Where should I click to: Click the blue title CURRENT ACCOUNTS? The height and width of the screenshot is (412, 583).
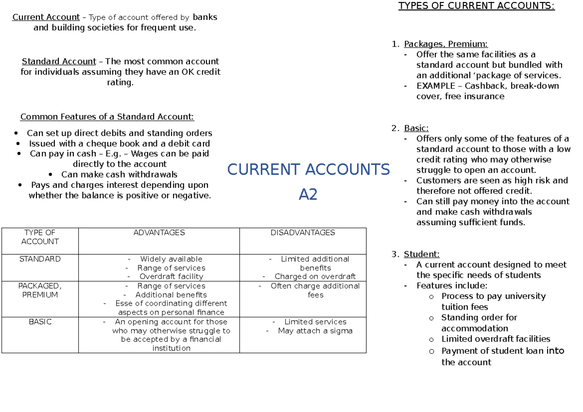click(x=309, y=170)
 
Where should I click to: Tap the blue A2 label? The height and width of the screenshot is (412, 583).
click(x=308, y=195)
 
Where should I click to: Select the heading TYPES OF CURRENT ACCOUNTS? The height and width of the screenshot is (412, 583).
click(x=476, y=6)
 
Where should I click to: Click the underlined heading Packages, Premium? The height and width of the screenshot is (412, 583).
click(x=446, y=44)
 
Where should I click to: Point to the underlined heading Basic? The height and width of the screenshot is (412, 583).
click(x=416, y=128)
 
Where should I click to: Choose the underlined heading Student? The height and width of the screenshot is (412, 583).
click(x=421, y=254)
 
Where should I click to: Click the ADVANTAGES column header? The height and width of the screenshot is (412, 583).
click(x=159, y=233)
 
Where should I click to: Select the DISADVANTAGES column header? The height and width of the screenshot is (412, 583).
click(x=303, y=233)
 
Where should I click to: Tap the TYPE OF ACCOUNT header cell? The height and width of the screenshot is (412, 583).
click(x=40, y=237)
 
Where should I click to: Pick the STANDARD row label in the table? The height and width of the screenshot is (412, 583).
click(x=40, y=259)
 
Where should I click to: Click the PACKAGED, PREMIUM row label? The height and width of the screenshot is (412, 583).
click(x=40, y=290)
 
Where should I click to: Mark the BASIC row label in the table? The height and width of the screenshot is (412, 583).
click(x=40, y=322)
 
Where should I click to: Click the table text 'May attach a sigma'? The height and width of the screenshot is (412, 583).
click(x=315, y=331)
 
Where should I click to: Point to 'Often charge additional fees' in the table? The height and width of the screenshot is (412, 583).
click(x=315, y=290)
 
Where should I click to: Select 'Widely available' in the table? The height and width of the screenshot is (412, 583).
click(x=171, y=259)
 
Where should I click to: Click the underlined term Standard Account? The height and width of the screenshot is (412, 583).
click(x=59, y=62)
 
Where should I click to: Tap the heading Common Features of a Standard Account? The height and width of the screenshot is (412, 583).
click(x=107, y=117)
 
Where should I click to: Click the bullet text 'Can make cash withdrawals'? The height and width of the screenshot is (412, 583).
click(x=119, y=174)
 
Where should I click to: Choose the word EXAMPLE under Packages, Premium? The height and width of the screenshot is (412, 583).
click(x=435, y=86)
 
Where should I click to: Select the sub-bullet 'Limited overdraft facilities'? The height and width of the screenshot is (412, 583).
click(x=496, y=339)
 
